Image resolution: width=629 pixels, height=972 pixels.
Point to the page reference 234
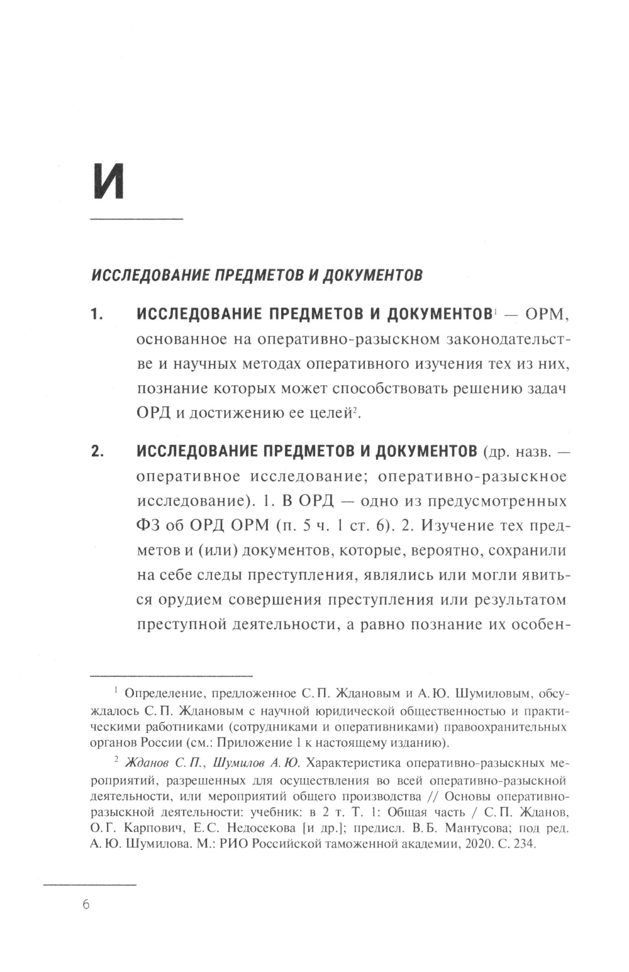tap(524, 844)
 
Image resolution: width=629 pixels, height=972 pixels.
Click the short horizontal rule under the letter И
tap(136, 219)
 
